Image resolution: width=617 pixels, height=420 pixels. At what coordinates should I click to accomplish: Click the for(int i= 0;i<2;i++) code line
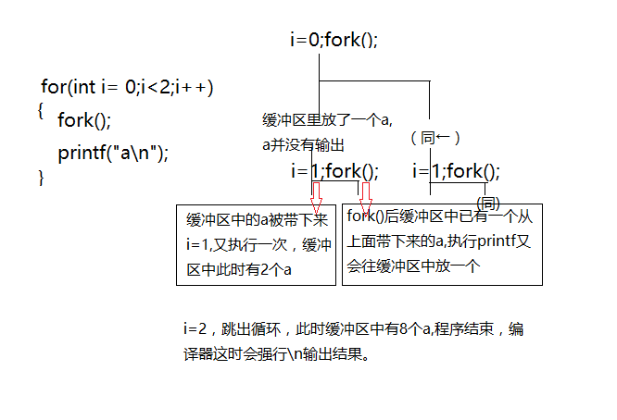128,88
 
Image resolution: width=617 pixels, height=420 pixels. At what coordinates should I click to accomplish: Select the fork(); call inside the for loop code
83,120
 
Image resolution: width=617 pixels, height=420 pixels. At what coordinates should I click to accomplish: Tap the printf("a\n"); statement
114,153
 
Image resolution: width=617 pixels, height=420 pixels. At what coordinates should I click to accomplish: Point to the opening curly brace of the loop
41,109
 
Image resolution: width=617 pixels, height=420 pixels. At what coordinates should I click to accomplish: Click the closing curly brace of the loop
41,177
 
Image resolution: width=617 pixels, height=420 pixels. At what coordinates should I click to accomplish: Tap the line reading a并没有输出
303,144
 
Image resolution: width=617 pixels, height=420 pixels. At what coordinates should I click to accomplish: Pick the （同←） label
434,137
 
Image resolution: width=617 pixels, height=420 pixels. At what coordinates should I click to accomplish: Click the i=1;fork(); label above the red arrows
334,171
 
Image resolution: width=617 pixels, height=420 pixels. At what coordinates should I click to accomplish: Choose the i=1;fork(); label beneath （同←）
456,171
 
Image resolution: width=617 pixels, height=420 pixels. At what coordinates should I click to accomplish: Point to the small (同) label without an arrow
488,203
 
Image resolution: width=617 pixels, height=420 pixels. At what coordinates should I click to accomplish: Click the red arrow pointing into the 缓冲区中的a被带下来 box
316,195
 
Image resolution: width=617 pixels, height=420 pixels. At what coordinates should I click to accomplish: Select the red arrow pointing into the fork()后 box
366,195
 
